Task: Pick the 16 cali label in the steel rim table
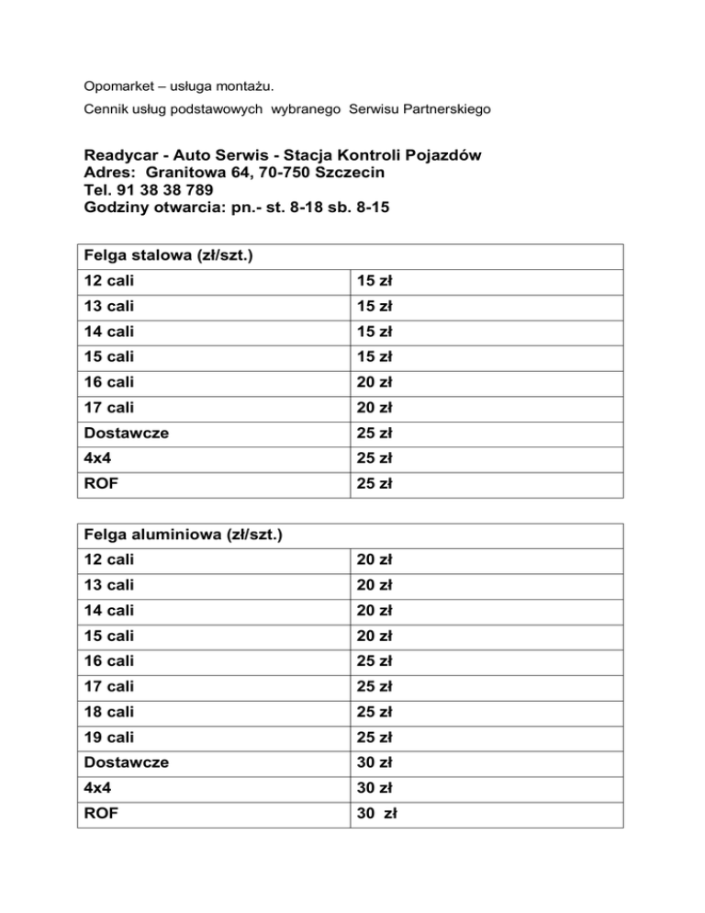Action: [x=108, y=381]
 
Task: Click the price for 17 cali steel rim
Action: [x=376, y=407]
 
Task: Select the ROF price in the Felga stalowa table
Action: [x=376, y=482]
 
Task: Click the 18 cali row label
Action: [x=108, y=711]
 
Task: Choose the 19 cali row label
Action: [x=108, y=737]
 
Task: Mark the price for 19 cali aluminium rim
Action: [x=376, y=737]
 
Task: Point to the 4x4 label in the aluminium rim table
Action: [x=96, y=787]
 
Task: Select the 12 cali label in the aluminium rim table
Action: [x=108, y=559]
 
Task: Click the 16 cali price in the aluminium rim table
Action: [x=376, y=660]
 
